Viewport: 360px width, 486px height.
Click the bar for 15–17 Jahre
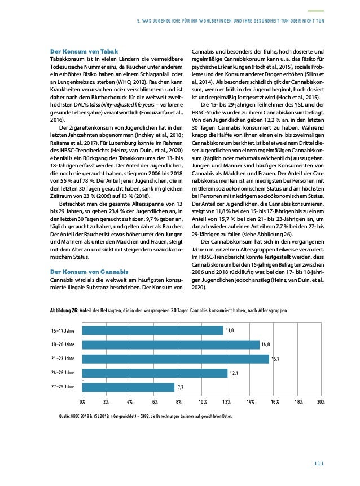pos(152,330)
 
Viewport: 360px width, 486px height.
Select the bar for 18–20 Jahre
pos(170,344)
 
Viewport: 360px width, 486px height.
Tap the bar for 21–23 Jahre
pos(175,359)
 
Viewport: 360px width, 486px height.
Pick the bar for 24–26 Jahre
pos(154,373)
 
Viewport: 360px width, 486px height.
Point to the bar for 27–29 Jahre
pos(128,387)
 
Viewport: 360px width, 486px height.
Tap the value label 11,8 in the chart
pos(230,330)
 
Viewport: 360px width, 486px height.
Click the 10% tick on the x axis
pos(202,401)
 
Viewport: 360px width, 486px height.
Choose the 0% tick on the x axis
pos(82,401)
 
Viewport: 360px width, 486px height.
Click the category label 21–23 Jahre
pos(62,359)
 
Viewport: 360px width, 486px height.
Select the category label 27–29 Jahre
pos(62,387)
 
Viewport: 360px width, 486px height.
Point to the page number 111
pos(319,464)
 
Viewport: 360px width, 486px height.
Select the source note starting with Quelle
pos(141,417)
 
